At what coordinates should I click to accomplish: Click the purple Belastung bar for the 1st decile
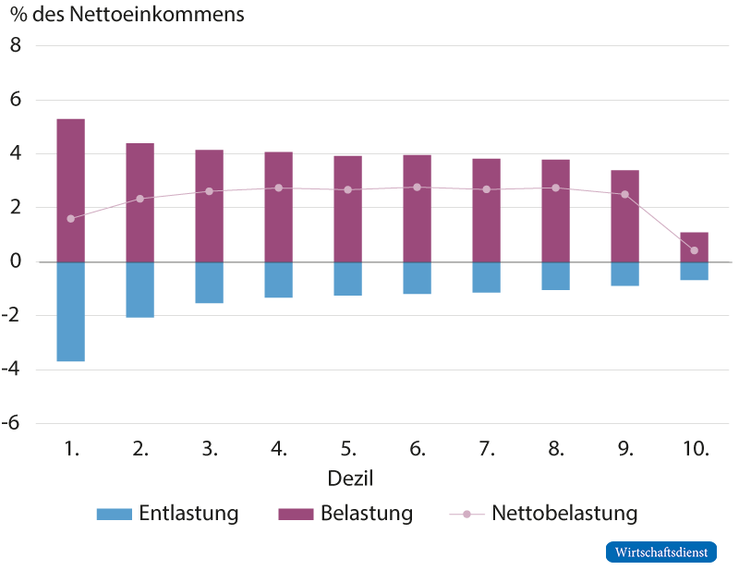pos(70,189)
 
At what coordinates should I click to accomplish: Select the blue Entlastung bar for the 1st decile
pos(70,312)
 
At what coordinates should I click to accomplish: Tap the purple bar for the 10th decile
pos(694,247)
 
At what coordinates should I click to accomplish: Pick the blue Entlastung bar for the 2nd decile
pos(139,290)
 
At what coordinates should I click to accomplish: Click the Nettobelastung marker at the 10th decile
pos(694,250)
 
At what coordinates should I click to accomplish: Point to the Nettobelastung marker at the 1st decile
pos(70,219)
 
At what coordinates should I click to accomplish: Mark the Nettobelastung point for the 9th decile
pos(624,195)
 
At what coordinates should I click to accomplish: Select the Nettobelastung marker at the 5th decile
pos(347,190)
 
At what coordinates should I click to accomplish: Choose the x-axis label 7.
pos(486,450)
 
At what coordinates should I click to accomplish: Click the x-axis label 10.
pos(694,450)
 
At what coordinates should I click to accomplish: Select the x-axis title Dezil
pos(350,479)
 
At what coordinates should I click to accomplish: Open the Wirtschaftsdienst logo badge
pos(660,552)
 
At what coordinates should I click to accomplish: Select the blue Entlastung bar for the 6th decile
pos(417,278)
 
